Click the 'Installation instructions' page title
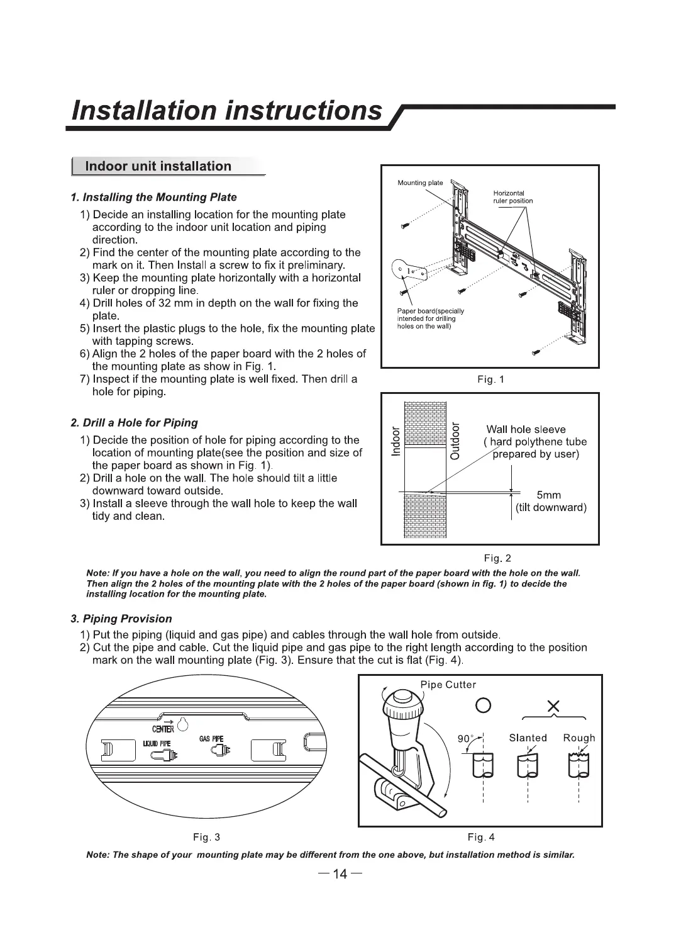tap(226, 110)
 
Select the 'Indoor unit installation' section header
tap(158, 166)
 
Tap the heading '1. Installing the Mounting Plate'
tap(153, 198)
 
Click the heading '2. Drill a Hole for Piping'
tap(134, 423)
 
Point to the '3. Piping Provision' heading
tap(121, 619)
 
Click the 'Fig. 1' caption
tap(490, 379)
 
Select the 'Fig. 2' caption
tap(497, 558)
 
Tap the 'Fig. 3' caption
tap(206, 837)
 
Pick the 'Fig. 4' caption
tap(481, 837)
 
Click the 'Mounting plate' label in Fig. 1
tap(420, 183)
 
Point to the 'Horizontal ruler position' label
tap(512, 197)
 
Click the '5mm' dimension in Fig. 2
tap(549, 495)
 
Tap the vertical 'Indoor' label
tap(396, 442)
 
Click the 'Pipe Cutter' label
tap(448, 685)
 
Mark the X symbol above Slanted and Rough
tap(554, 707)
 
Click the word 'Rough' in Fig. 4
tap(579, 738)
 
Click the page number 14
tap(340, 873)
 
